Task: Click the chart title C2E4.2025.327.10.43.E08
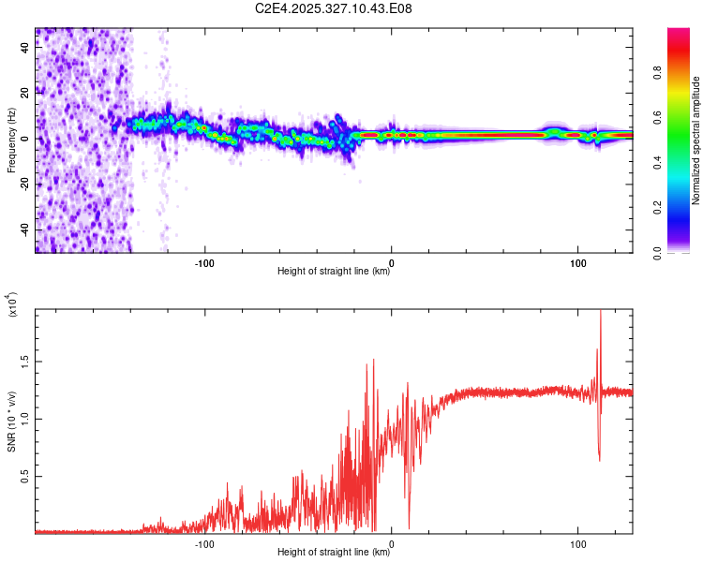click(334, 9)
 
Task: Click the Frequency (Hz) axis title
click(11, 140)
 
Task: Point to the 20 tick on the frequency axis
click(24, 93)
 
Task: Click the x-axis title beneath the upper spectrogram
click(334, 273)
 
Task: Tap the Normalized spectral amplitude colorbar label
click(696, 140)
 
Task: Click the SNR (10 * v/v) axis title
click(11, 420)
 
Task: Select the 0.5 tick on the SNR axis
click(24, 476)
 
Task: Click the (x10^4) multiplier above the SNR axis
click(13, 305)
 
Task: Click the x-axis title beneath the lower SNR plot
click(334, 553)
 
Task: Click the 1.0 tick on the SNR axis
click(24, 419)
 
